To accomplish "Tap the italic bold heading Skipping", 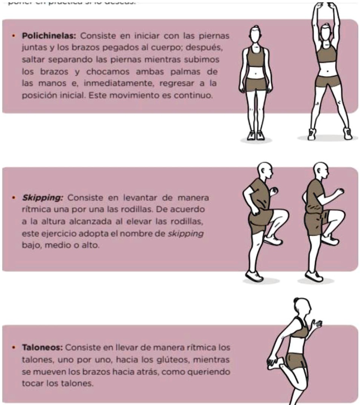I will (x=43, y=198).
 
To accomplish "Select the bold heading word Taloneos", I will (x=42, y=347).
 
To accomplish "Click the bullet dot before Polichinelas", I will (x=14, y=36).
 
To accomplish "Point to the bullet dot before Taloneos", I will (x=14, y=347).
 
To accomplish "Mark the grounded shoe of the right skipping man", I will (x=314, y=276).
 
